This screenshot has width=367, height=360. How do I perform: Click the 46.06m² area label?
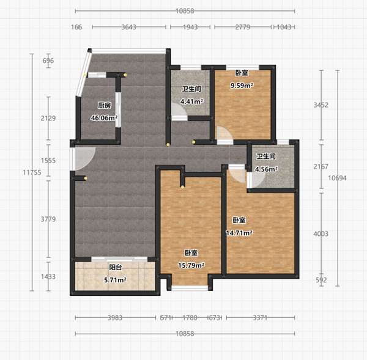pyautogui.click(x=104, y=118)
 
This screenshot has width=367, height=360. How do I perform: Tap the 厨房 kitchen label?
pyautogui.click(x=105, y=106)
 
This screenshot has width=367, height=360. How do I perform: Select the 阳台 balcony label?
pyautogui.click(x=116, y=267)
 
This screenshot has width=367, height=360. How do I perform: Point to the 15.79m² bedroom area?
pyautogui.click(x=191, y=265)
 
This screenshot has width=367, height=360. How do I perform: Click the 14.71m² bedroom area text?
pyautogui.click(x=239, y=233)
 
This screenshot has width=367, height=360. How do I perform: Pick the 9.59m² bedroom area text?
pyautogui.click(x=242, y=86)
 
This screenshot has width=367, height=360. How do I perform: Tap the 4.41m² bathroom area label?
pyautogui.click(x=191, y=101)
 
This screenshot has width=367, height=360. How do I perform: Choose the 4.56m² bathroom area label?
pyautogui.click(x=266, y=169)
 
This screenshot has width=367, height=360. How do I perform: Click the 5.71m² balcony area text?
pyautogui.click(x=115, y=280)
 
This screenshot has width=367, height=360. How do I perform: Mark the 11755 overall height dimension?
pyautogui.click(x=32, y=172)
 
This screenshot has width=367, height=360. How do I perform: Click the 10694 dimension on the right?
pyautogui.click(x=337, y=178)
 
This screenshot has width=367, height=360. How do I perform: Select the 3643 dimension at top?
pyautogui.click(x=128, y=27)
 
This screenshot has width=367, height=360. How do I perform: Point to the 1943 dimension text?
pyautogui.click(x=190, y=27)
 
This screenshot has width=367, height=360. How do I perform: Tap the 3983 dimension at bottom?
pyautogui.click(x=115, y=318)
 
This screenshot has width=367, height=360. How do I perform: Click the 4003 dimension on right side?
pyautogui.click(x=321, y=233)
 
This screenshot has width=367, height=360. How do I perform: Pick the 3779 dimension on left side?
pyautogui.click(x=48, y=219)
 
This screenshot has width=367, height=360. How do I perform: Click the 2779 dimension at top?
pyautogui.click(x=243, y=27)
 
